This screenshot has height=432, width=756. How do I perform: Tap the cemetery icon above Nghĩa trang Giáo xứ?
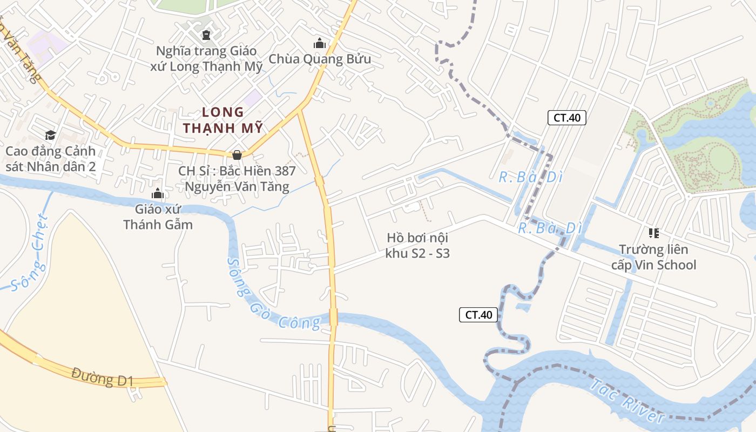[206, 36]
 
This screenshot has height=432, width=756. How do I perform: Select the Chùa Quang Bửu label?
[320, 59]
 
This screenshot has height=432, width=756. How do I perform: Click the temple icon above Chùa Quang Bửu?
[320, 43]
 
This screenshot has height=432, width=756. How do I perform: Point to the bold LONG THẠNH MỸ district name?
[223, 120]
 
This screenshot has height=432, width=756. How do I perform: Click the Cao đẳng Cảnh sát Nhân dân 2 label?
[51, 159]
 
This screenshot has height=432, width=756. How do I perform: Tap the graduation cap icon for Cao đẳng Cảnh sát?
[51, 135]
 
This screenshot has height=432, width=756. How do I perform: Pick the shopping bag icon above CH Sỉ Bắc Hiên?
[237, 155]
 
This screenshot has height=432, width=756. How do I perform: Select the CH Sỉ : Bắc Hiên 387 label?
[237, 179]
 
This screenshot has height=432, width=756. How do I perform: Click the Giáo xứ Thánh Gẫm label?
[158, 217]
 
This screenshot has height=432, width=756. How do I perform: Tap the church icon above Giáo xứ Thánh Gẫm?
[158, 193]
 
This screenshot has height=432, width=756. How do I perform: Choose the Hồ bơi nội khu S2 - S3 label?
[417, 245]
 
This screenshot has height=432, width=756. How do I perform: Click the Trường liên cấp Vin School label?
[653, 257]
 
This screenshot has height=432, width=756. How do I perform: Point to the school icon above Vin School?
[653, 233]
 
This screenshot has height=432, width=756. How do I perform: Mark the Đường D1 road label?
[102, 376]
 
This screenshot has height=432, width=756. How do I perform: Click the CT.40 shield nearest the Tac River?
[478, 315]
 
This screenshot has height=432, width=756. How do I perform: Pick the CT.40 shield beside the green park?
[567, 118]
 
